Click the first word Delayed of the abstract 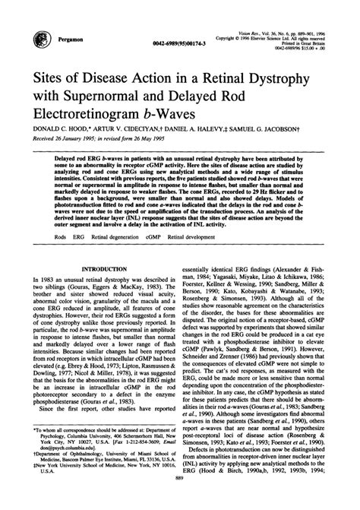click(x=74, y=175)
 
